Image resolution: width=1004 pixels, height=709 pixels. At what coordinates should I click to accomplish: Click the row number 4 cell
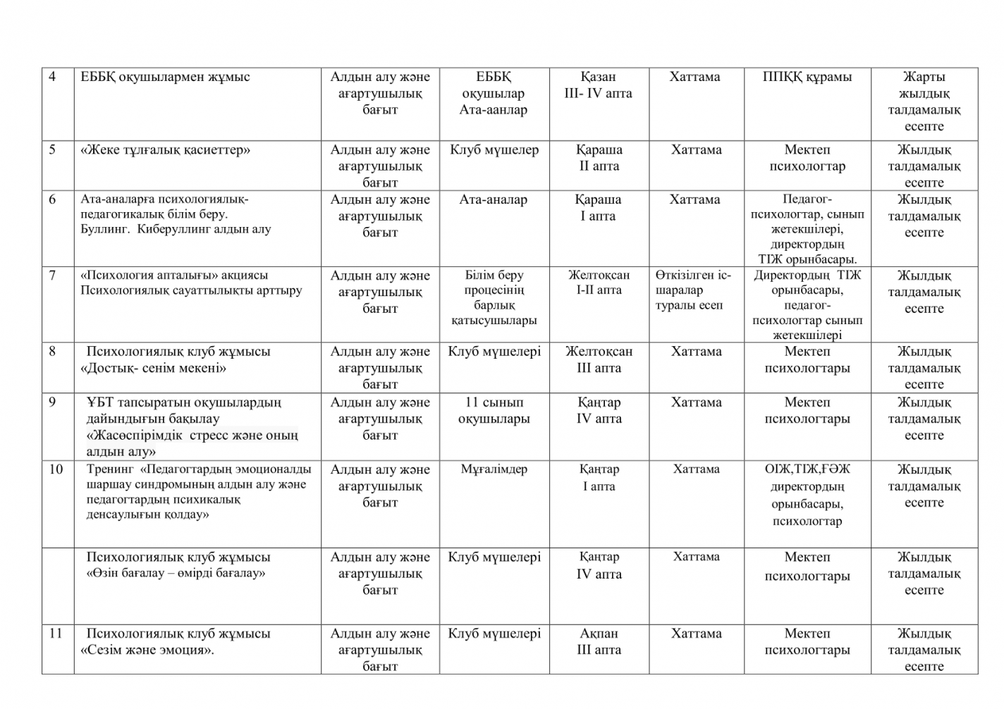tap(53, 77)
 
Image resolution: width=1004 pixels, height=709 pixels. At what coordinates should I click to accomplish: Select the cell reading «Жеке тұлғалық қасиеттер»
tap(166, 150)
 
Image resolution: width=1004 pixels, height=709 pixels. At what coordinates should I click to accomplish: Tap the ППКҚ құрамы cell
tap(807, 77)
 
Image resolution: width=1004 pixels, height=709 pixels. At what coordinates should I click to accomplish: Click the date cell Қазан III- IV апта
tap(599, 85)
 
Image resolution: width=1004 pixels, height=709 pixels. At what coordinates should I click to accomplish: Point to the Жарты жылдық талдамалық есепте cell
tap(924, 101)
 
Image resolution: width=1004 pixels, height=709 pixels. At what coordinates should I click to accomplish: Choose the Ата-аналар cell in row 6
tap(494, 200)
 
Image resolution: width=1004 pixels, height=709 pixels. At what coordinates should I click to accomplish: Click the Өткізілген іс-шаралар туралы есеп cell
tap(694, 290)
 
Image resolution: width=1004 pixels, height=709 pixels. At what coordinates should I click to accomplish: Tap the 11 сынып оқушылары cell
tap(494, 410)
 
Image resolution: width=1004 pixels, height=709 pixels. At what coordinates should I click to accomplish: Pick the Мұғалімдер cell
tap(494, 469)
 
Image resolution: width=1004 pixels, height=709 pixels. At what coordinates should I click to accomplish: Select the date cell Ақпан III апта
tap(599, 641)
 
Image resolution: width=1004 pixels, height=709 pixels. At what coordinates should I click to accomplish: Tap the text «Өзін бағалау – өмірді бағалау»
tap(176, 573)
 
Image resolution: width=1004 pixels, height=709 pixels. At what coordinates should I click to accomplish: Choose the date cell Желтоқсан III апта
tap(599, 359)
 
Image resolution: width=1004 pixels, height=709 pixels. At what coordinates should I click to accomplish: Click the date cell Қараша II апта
tap(599, 158)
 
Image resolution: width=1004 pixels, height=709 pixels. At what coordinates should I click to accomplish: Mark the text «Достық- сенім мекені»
tap(154, 368)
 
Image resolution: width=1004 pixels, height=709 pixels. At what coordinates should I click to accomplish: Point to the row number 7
tap(53, 276)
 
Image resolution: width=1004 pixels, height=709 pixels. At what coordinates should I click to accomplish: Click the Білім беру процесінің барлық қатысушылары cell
tap(494, 297)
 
